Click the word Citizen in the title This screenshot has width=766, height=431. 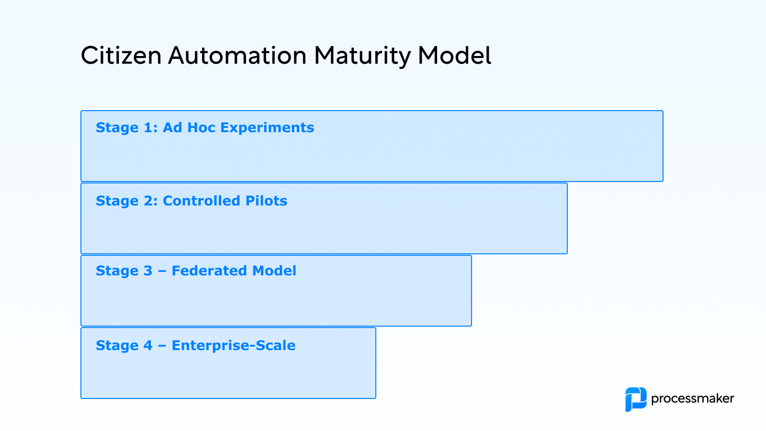[x=121, y=56]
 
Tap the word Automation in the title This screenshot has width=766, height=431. [x=237, y=56]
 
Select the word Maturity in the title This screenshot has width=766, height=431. [x=362, y=56]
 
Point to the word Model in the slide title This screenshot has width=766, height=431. [x=454, y=56]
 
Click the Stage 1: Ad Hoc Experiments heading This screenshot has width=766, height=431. [x=205, y=128]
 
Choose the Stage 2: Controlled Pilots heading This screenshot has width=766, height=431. [x=191, y=201]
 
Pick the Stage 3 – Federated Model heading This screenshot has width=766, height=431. [x=196, y=271]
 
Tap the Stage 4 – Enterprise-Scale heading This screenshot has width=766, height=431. [x=195, y=346]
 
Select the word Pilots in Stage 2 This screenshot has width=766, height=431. [x=266, y=201]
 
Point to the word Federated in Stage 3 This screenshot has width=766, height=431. [x=210, y=271]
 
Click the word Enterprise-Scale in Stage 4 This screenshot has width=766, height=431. [x=234, y=346]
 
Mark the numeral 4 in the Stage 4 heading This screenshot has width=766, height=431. [x=148, y=346]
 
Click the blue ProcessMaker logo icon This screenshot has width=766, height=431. [x=636, y=399]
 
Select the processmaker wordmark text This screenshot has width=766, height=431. [x=692, y=399]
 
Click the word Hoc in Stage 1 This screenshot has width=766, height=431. [x=201, y=128]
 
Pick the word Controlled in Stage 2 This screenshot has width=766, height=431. [x=201, y=201]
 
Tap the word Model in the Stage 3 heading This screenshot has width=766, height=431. [x=274, y=271]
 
